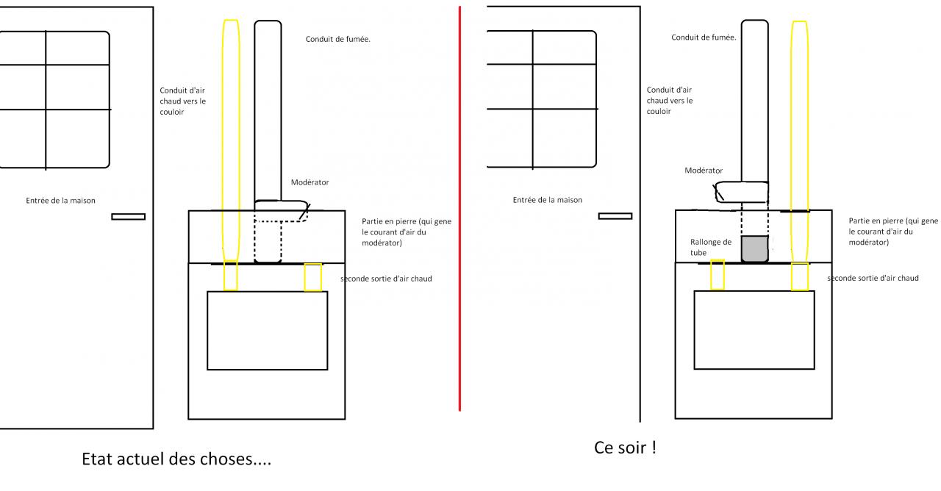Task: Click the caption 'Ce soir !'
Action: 624,448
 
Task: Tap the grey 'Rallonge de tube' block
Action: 754,248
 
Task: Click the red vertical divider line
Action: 460,206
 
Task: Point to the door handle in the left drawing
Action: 128,216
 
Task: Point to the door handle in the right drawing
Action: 615,215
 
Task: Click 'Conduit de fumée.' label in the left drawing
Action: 337,39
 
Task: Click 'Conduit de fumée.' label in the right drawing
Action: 704,37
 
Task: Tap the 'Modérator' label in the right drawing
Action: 704,171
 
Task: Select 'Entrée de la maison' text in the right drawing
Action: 548,200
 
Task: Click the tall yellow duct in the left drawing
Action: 231,132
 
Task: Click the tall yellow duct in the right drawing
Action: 799,132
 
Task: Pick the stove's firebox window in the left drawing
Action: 267,330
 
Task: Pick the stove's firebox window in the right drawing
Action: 754,330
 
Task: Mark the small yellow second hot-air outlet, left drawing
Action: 313,276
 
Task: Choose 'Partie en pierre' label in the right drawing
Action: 892,231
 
